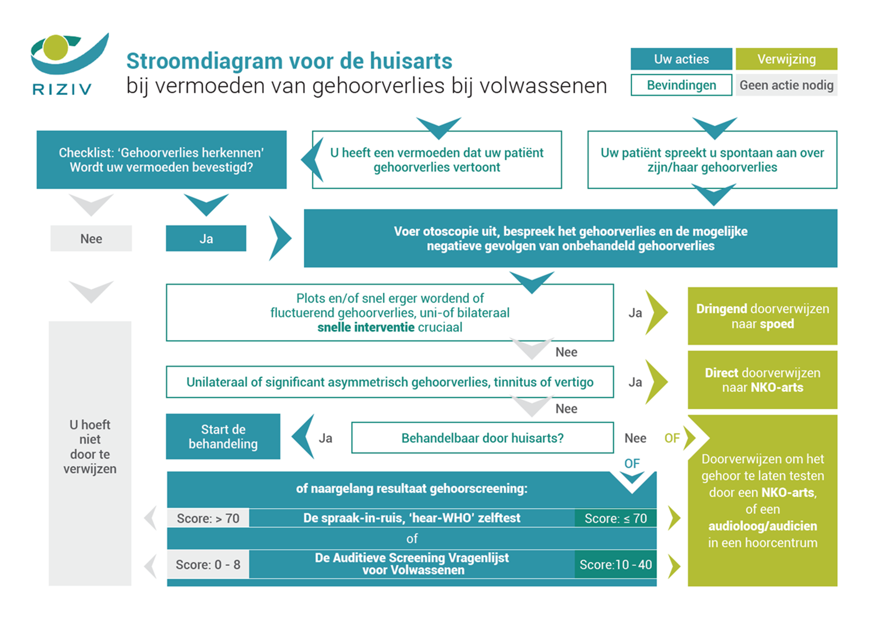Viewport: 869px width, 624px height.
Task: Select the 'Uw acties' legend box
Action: click(681, 59)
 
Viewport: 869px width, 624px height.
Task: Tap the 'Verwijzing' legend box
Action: click(786, 59)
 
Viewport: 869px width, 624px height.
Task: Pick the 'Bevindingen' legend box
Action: click(681, 85)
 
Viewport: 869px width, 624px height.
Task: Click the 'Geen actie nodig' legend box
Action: click(786, 85)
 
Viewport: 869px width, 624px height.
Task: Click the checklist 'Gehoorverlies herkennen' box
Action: click(161, 160)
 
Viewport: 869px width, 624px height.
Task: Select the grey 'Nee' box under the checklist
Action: click(91, 238)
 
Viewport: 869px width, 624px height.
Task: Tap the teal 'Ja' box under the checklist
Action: click(206, 238)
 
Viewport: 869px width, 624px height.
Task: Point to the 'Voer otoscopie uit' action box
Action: click(570, 238)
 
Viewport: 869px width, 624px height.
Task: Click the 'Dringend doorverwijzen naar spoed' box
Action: click(762, 316)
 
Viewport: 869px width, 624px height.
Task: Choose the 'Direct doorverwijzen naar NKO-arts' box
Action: click(762, 380)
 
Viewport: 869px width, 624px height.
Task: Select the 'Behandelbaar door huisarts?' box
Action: click(482, 438)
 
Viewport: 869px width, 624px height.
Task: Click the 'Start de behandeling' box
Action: click(223, 436)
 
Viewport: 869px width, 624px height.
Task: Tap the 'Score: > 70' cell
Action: click(208, 518)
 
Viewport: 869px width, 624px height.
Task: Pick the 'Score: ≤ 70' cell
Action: click(616, 518)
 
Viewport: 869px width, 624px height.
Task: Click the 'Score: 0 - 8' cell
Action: click(208, 565)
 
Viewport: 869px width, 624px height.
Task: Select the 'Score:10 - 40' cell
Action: click(616, 565)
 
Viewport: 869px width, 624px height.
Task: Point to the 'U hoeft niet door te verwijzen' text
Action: click(90, 447)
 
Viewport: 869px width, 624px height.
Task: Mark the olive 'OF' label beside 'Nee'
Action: click(672, 438)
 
